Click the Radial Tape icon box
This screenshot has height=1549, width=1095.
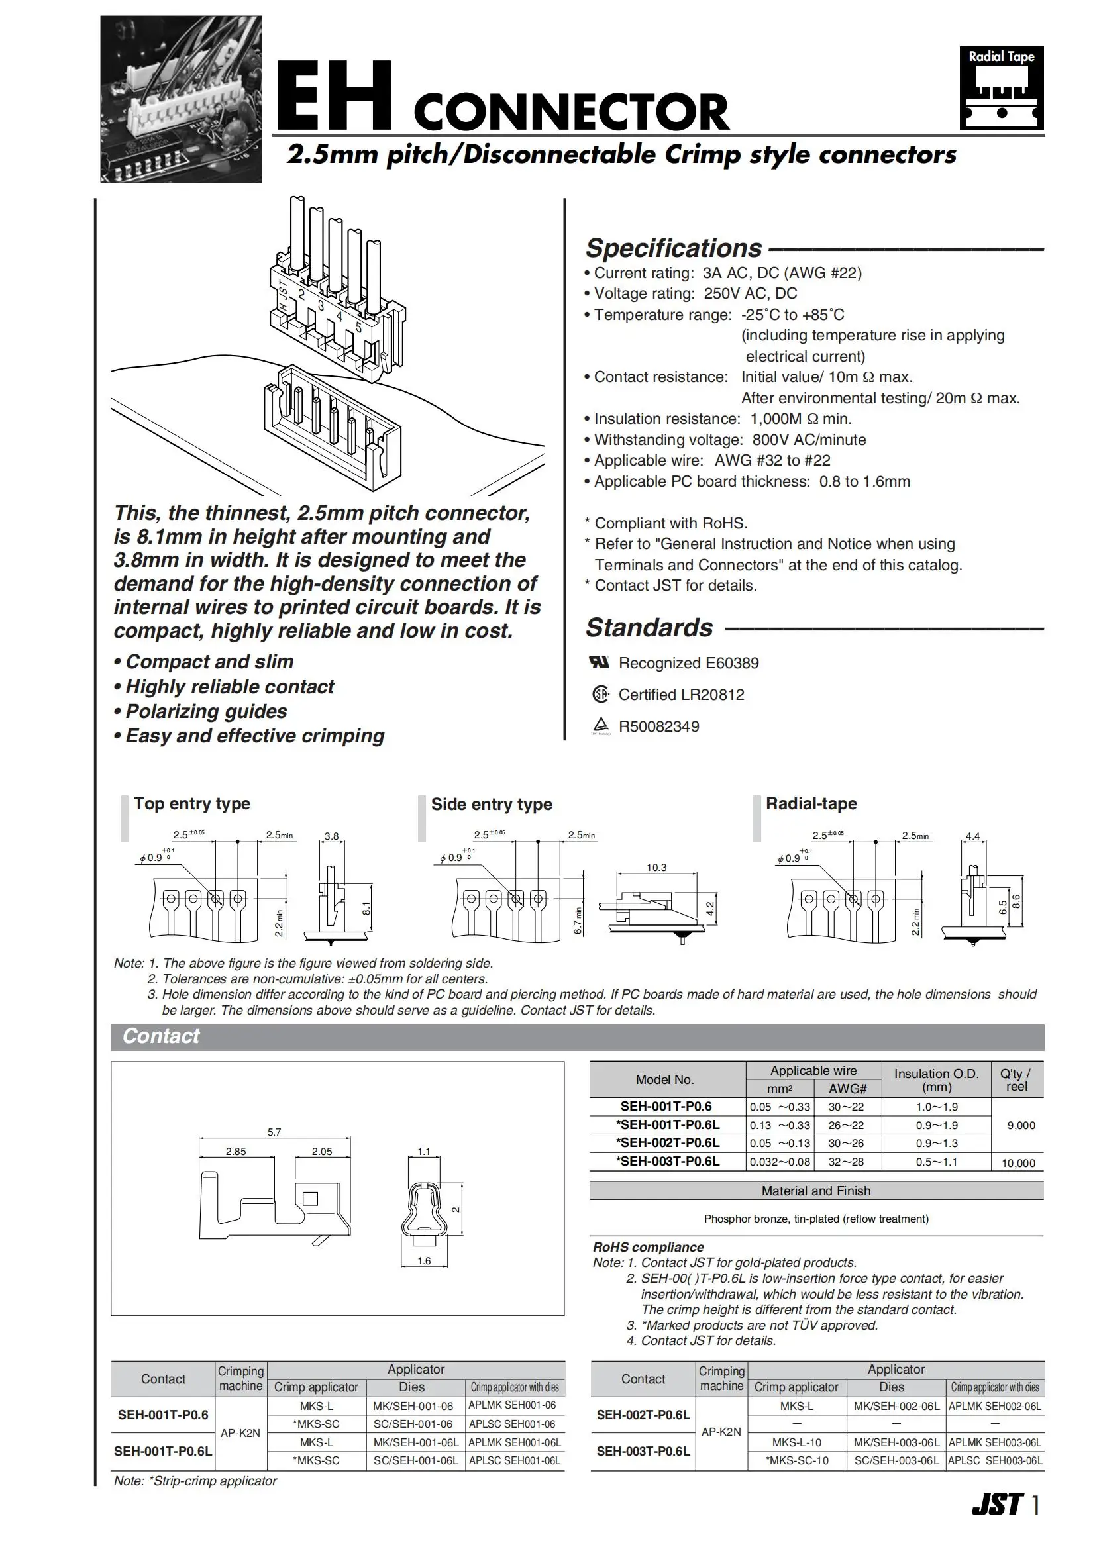click(x=1001, y=87)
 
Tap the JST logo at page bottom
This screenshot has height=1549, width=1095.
click(x=997, y=1505)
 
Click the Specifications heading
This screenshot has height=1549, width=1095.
click(x=673, y=248)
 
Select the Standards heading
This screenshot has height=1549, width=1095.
click(x=649, y=627)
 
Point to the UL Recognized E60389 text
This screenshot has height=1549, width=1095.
click(x=688, y=663)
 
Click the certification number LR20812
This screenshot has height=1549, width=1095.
click(x=714, y=695)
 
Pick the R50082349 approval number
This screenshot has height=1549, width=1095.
click(x=658, y=726)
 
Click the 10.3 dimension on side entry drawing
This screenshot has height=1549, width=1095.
click(x=656, y=868)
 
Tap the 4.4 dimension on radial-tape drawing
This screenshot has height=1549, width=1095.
click(x=972, y=836)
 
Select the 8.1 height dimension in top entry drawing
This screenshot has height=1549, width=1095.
click(x=366, y=909)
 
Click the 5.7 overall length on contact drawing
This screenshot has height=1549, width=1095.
click(x=274, y=1132)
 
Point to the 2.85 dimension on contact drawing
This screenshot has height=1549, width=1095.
click(x=235, y=1152)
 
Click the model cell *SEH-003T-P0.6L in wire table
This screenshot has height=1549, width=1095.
click(x=667, y=1162)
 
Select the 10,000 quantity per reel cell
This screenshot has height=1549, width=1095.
click(x=1018, y=1163)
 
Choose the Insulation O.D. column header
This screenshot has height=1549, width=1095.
click(x=936, y=1080)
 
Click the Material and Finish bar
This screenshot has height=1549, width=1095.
click(x=815, y=1191)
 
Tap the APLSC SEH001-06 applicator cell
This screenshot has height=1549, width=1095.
click(x=512, y=1424)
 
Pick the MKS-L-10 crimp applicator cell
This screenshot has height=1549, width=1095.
click(x=796, y=1442)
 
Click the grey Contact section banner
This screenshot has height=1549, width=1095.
click(x=577, y=1036)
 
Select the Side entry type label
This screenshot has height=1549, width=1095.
click(x=491, y=804)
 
